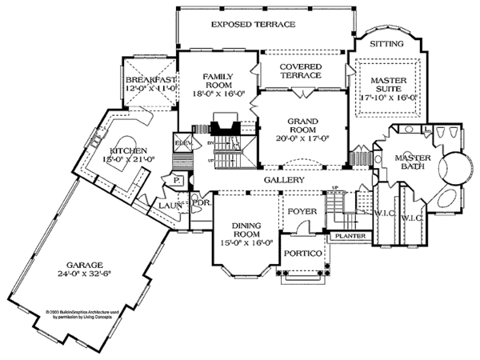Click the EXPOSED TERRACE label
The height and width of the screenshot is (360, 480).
coord(258,25)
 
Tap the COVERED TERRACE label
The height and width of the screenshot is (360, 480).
coord(294,70)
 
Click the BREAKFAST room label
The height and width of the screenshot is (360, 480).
coord(150,82)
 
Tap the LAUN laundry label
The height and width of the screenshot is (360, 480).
coord(169,206)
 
